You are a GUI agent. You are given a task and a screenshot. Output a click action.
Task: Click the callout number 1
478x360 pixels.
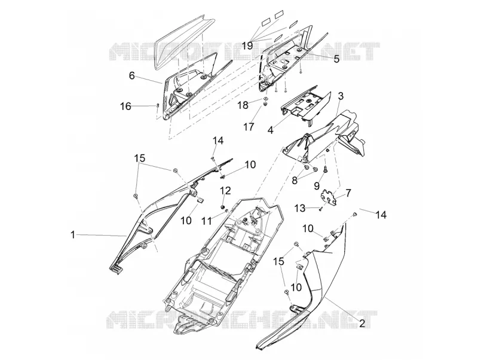click(72, 234)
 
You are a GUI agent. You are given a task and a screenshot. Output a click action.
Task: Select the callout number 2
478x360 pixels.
click(362, 323)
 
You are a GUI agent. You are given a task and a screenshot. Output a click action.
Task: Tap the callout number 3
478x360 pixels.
click(341, 96)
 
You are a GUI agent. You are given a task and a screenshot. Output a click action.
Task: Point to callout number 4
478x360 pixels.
click(271, 130)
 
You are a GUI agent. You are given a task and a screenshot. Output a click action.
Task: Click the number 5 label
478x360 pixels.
click(336, 59)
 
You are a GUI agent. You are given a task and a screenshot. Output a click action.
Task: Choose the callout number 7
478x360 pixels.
click(348, 193)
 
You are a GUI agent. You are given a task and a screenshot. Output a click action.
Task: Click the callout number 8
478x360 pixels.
click(295, 181)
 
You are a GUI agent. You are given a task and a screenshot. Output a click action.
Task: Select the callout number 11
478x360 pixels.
click(207, 221)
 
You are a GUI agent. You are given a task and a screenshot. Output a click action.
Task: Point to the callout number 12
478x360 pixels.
click(226, 190)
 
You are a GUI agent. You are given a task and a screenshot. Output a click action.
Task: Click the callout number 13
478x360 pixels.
click(300, 208)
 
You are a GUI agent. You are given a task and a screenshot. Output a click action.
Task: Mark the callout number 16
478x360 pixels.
click(125, 106)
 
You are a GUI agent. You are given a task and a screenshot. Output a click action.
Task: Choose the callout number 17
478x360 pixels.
click(249, 126)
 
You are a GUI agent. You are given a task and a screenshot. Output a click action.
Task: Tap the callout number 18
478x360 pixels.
click(243, 105)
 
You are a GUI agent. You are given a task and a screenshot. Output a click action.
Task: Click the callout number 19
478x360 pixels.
click(247, 46)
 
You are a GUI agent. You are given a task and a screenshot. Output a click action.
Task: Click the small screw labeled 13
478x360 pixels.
click(320, 209)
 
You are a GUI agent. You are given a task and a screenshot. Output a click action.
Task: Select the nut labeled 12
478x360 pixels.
click(223, 207)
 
